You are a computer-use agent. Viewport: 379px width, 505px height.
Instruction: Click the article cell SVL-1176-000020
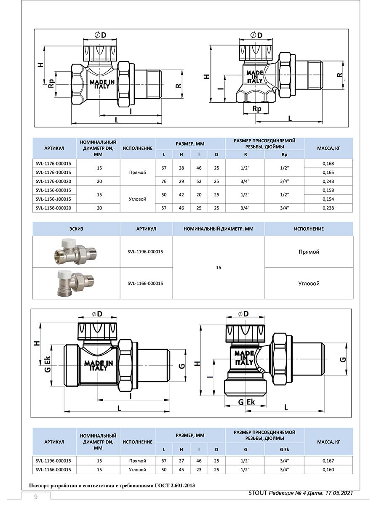pos(53,181)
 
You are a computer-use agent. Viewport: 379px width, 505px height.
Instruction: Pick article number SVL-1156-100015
pos(53,199)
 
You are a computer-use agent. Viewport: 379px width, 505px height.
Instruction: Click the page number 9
pos(36,497)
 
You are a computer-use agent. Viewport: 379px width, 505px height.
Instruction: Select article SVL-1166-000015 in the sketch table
pos(145,283)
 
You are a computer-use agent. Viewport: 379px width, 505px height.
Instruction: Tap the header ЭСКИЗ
pos(76,229)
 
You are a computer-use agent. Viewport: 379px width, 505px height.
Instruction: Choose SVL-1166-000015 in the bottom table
pos(53,470)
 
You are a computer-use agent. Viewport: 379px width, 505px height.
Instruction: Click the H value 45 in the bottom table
pos(181,470)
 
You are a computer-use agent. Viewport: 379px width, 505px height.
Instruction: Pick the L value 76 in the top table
pos(164,181)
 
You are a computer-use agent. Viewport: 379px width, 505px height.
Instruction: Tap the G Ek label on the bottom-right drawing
pos(246,402)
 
